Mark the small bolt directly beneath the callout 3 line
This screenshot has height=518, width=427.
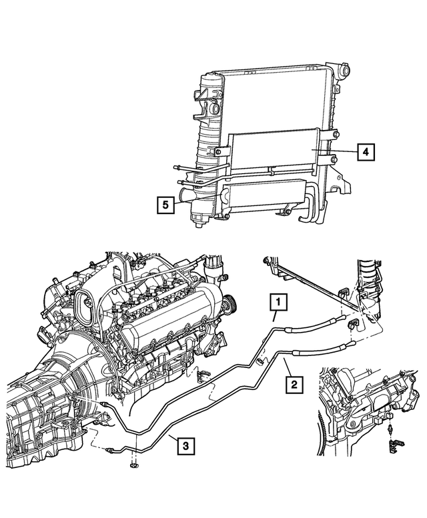[134, 464]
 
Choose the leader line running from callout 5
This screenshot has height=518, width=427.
[183, 202]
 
